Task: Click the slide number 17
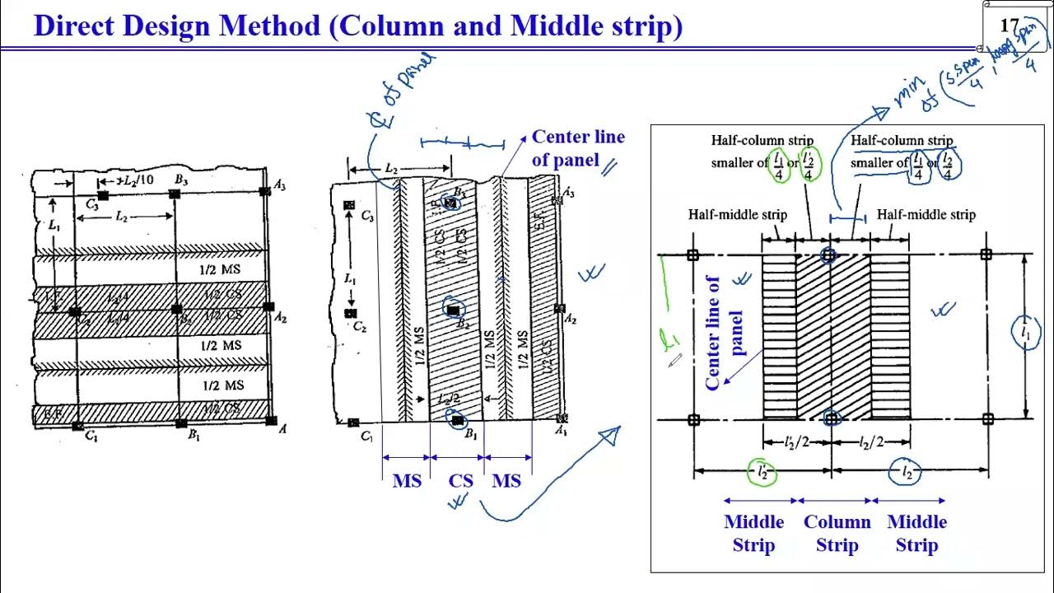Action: click(x=1010, y=26)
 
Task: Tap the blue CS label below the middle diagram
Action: click(x=460, y=480)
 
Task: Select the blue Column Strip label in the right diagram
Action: click(x=837, y=533)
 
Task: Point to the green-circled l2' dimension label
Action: click(x=762, y=472)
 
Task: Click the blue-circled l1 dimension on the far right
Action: click(x=1025, y=334)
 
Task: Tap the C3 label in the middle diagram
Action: click(x=367, y=216)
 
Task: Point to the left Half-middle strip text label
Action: click(x=737, y=215)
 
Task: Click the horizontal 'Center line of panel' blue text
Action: click(x=577, y=148)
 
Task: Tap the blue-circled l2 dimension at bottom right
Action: click(x=907, y=472)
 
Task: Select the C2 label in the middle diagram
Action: click(x=359, y=326)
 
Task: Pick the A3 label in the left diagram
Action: click(x=280, y=185)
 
